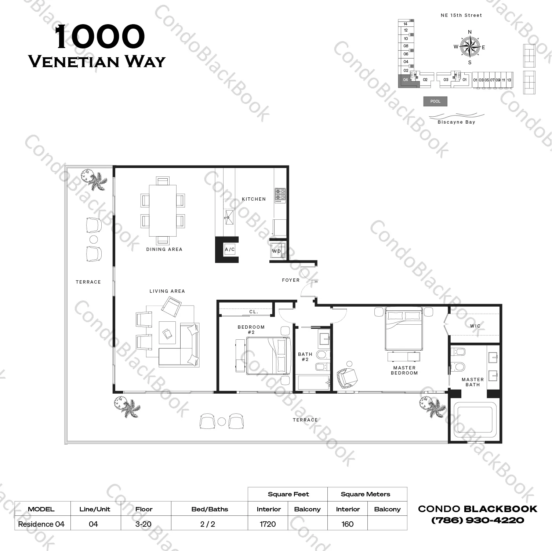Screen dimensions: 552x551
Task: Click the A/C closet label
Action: click(230, 249)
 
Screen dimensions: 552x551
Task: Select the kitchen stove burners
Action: click(280, 195)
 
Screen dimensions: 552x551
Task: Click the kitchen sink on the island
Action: click(229, 217)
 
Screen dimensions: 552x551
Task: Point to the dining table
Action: click(163, 211)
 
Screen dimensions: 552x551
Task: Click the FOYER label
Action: click(291, 280)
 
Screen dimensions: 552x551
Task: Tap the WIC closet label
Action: click(475, 326)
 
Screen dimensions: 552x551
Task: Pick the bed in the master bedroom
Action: click(403, 329)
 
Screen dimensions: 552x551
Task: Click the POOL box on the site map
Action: click(435, 101)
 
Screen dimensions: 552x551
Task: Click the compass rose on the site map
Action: click(470, 47)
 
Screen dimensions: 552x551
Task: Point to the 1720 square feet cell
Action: click(268, 524)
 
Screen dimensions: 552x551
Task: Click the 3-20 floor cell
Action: click(144, 524)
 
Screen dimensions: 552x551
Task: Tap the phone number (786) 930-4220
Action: click(477, 520)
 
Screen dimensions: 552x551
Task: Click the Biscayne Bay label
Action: click(456, 122)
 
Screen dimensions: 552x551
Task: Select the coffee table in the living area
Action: click(167, 333)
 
